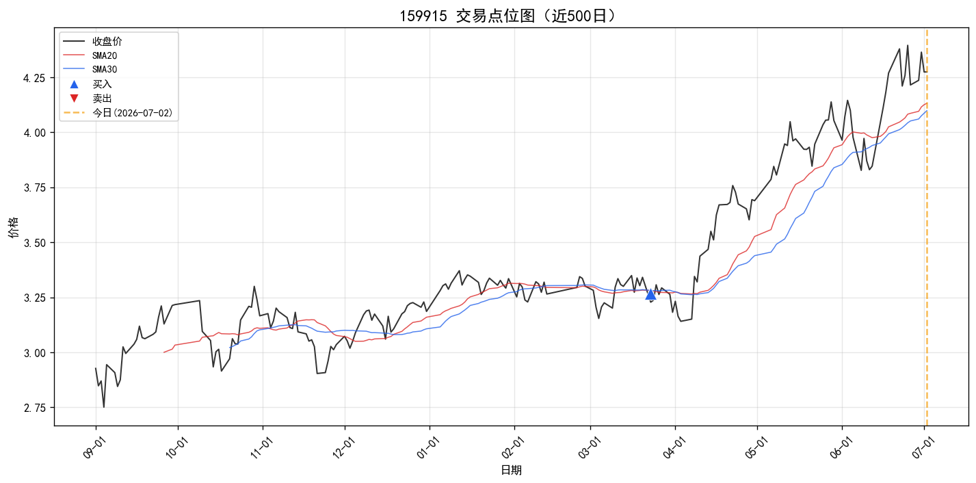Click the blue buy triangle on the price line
[650, 294]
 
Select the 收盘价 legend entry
[107, 42]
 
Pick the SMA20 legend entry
[105, 55]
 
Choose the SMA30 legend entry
[105, 69]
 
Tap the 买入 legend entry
[102, 84]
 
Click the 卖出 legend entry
[102, 99]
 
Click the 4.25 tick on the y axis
[34, 78]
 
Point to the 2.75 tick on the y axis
[34, 408]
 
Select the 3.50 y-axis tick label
[34, 243]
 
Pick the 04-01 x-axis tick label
[673, 447]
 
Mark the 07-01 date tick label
[922, 447]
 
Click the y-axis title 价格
[14, 227]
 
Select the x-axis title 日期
[511, 470]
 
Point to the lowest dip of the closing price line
[104, 407]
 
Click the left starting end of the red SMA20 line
[164, 352]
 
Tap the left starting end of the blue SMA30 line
[230, 348]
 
